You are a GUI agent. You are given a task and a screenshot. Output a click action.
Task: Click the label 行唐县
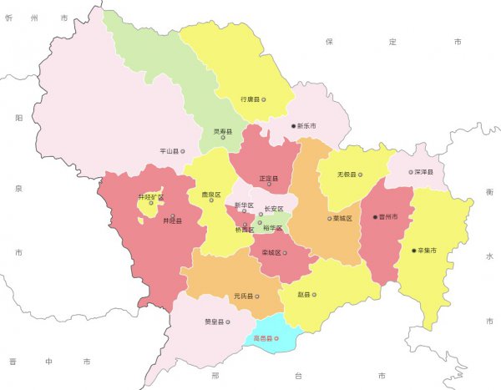[250, 99]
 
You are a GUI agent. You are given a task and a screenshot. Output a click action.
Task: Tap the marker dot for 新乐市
[294, 126]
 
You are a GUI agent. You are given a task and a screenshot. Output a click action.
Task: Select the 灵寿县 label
[221, 132]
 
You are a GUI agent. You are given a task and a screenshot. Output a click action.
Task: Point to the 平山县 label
[170, 152]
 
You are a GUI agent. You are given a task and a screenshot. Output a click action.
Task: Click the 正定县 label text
[269, 179]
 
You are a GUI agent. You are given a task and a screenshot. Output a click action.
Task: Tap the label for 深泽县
[424, 172]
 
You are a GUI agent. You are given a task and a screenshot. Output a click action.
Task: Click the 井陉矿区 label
[151, 198]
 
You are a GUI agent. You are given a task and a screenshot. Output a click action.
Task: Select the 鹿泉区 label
[210, 195]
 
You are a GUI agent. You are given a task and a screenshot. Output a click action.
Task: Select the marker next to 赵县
[314, 295]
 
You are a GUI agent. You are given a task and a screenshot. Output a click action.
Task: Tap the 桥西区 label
[245, 229]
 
